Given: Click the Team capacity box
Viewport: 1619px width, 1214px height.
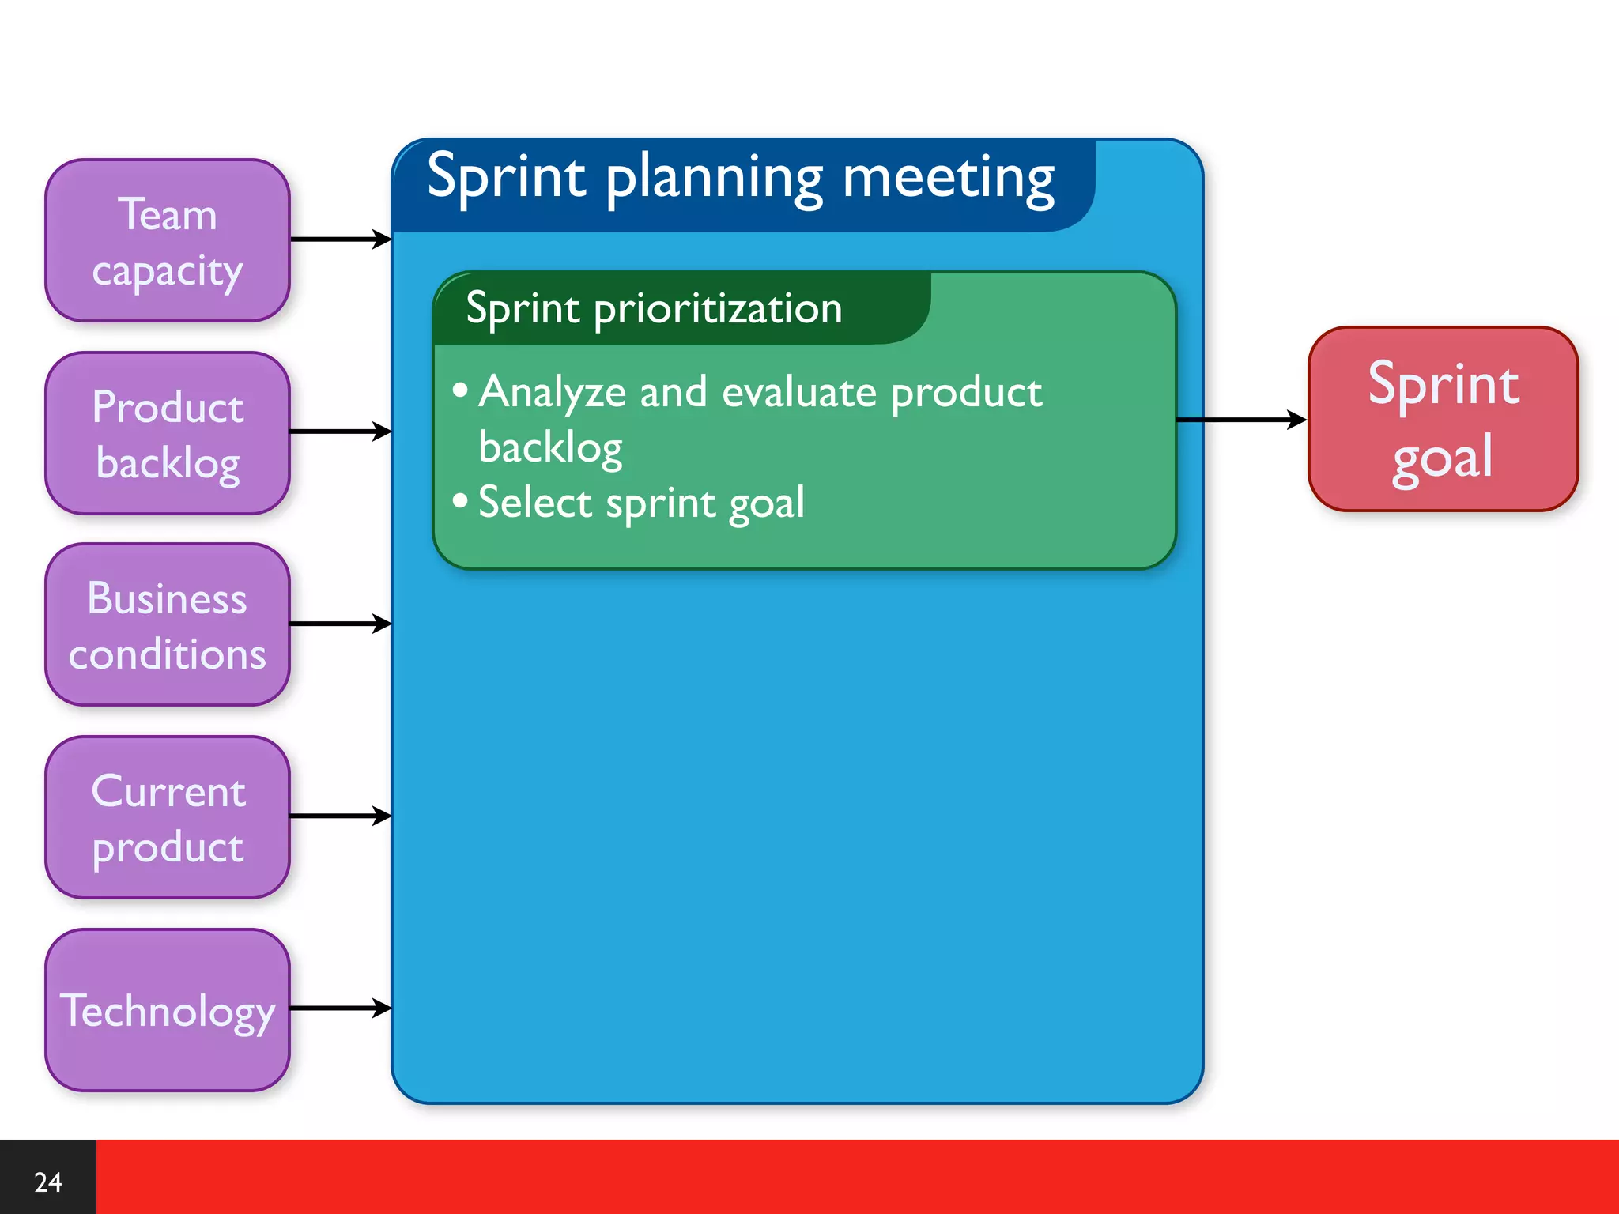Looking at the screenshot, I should [168, 240].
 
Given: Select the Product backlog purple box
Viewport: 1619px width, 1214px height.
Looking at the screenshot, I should [168, 433].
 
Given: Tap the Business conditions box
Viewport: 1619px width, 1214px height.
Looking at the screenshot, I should [168, 624].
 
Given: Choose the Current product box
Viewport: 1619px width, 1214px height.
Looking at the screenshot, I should [168, 817].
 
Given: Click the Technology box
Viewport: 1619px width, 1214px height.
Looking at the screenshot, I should [168, 1010].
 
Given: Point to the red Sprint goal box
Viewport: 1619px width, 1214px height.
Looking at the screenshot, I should [1443, 419].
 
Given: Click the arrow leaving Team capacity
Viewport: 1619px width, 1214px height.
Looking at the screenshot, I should [340, 239].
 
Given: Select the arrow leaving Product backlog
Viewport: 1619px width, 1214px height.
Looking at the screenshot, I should [340, 432].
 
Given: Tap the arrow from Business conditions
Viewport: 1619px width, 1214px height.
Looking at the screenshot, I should [340, 624].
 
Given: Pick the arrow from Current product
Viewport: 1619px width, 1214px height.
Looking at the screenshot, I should [340, 816].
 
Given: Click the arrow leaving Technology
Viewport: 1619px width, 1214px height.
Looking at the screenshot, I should [340, 1008].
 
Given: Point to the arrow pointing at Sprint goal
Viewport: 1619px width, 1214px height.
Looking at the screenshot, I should [1241, 420].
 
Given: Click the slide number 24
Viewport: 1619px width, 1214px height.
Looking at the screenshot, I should [47, 1182].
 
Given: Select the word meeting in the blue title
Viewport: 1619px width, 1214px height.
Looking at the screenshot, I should [948, 179].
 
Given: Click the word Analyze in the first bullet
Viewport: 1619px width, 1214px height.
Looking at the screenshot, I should [552, 393].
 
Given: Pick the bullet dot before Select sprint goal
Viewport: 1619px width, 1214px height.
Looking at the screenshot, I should [460, 500].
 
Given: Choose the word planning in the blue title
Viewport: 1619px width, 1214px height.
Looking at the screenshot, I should [715, 179].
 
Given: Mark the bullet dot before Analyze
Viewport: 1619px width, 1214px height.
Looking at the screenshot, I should [460, 390].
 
